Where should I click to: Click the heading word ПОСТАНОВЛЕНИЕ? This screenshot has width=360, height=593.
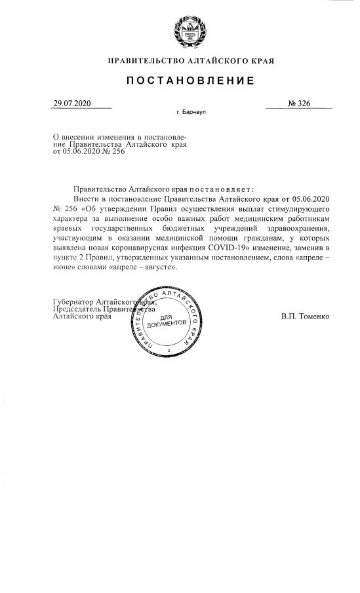191,81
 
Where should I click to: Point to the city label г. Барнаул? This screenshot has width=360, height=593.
191,113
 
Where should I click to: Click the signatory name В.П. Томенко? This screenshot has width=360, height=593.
305,316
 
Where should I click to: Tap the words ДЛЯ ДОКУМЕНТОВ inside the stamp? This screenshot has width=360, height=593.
169,322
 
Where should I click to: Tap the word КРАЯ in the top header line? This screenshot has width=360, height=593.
261,61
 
